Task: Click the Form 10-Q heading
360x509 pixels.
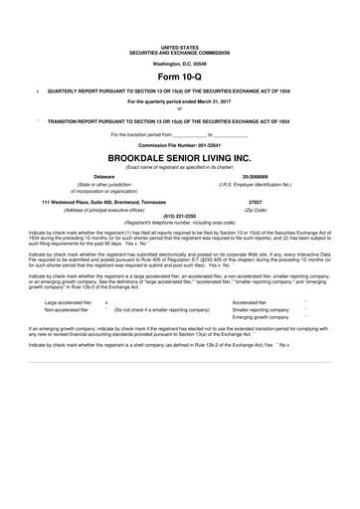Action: (180, 76)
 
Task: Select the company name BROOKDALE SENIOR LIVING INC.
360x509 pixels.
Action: (180, 157)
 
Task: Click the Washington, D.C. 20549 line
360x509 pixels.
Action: (180, 63)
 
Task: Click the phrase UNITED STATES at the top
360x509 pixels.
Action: (180, 47)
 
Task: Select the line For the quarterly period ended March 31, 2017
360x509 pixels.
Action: (180, 101)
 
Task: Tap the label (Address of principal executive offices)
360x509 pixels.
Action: (83, 211)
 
